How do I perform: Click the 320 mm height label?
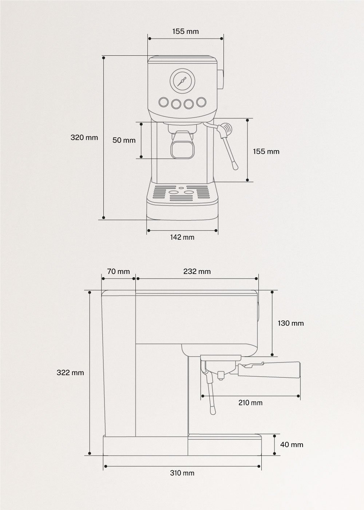point(84,137)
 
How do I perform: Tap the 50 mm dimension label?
point(124,140)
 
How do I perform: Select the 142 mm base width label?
point(182,237)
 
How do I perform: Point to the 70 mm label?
point(118,271)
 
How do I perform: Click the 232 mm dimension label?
point(197,271)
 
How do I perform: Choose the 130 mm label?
point(290,323)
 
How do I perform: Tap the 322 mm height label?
point(70,373)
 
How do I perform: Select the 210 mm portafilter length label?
point(250,403)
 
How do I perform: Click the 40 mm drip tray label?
point(292,444)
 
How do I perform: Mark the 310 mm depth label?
point(182,473)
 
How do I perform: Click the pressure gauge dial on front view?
point(182,81)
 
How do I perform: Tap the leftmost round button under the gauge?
point(163,102)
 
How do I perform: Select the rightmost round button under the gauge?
point(201,102)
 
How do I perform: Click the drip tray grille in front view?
point(182,193)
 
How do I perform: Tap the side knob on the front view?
point(221,79)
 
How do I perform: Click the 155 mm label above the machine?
point(186,31)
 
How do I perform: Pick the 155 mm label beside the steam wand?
point(266,151)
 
